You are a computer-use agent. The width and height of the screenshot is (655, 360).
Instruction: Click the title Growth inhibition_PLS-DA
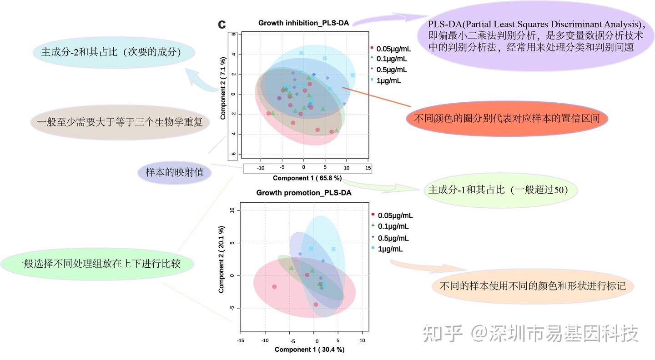coord(303,23)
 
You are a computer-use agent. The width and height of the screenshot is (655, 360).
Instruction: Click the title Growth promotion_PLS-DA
coord(303,193)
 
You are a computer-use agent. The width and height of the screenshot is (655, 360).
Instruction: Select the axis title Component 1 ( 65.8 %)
coord(307,178)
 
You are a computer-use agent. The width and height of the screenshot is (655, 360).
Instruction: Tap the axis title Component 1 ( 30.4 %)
coord(309,350)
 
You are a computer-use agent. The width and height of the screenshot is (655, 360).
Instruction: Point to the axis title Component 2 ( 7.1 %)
coord(223,89)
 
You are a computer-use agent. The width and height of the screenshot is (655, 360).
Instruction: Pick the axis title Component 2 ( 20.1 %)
coord(222,259)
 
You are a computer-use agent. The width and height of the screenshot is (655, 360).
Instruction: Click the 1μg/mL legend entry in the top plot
coord(389,81)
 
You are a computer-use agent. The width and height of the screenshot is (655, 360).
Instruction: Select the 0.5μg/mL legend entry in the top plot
coord(392,70)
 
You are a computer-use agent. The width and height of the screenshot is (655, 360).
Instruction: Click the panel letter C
coord(222,25)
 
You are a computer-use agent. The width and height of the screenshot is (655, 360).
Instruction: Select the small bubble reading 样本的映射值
coord(174,173)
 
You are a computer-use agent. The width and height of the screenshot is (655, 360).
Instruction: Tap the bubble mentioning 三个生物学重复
coord(120,122)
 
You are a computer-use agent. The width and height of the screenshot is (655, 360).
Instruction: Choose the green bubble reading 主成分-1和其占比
coord(498,190)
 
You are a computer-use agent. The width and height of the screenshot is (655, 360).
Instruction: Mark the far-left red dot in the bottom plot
coord(274,287)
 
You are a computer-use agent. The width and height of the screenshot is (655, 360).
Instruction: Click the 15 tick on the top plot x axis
coord(368,168)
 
